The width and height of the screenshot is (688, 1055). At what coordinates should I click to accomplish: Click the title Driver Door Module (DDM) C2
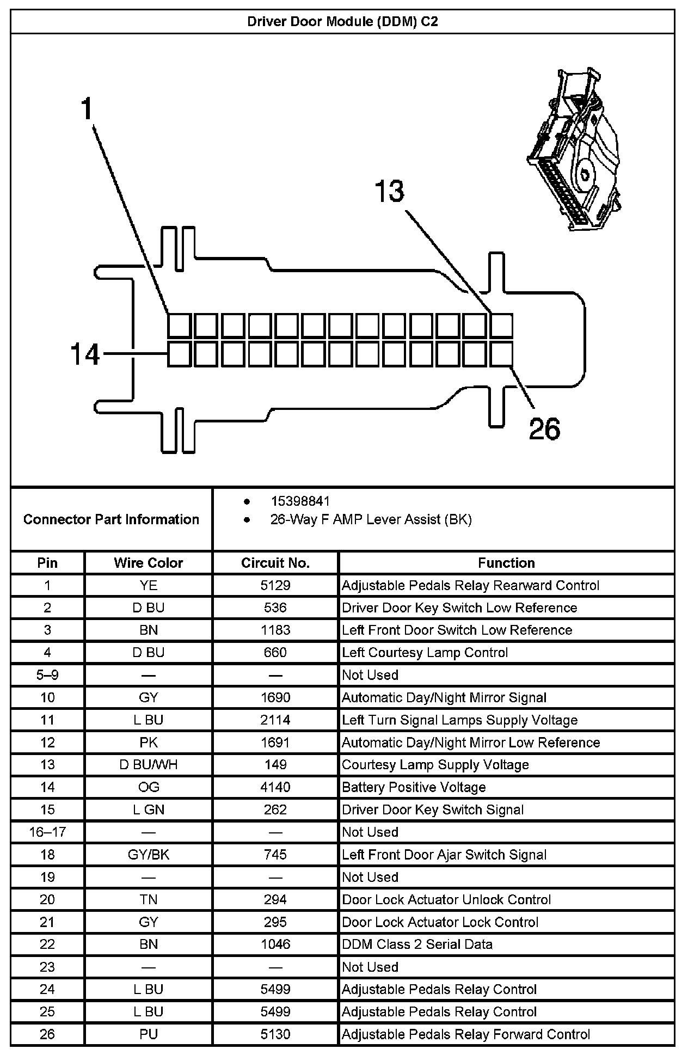click(342, 22)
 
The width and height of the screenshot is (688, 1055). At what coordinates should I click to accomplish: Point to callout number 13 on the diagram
click(390, 192)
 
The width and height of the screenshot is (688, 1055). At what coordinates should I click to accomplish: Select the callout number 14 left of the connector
click(85, 354)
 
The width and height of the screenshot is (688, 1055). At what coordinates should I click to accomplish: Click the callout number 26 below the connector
click(544, 429)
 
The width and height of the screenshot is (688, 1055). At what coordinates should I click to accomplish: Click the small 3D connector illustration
click(574, 149)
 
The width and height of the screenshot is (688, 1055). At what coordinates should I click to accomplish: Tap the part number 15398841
click(300, 501)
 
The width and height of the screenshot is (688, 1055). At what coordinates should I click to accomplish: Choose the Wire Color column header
click(148, 563)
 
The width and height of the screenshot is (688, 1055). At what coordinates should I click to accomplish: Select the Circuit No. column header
click(275, 563)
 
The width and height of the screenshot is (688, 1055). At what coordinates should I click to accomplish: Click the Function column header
click(506, 563)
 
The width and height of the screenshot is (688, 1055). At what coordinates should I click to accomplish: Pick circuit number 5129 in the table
click(275, 585)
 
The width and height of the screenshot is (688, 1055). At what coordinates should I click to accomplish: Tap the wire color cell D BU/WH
click(148, 765)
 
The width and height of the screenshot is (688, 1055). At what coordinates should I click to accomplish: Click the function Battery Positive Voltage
click(414, 787)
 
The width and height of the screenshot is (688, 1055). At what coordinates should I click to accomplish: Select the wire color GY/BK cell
click(148, 855)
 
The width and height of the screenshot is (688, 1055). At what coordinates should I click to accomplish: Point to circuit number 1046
click(275, 944)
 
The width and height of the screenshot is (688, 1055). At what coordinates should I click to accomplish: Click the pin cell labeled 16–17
click(47, 832)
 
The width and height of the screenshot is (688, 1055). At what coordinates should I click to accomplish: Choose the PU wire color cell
click(148, 1034)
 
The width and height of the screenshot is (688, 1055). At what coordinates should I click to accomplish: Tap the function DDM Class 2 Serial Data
click(417, 944)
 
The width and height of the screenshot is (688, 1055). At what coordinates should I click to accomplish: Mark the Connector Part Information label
click(111, 519)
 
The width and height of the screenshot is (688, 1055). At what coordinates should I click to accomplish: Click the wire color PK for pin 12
click(148, 743)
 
